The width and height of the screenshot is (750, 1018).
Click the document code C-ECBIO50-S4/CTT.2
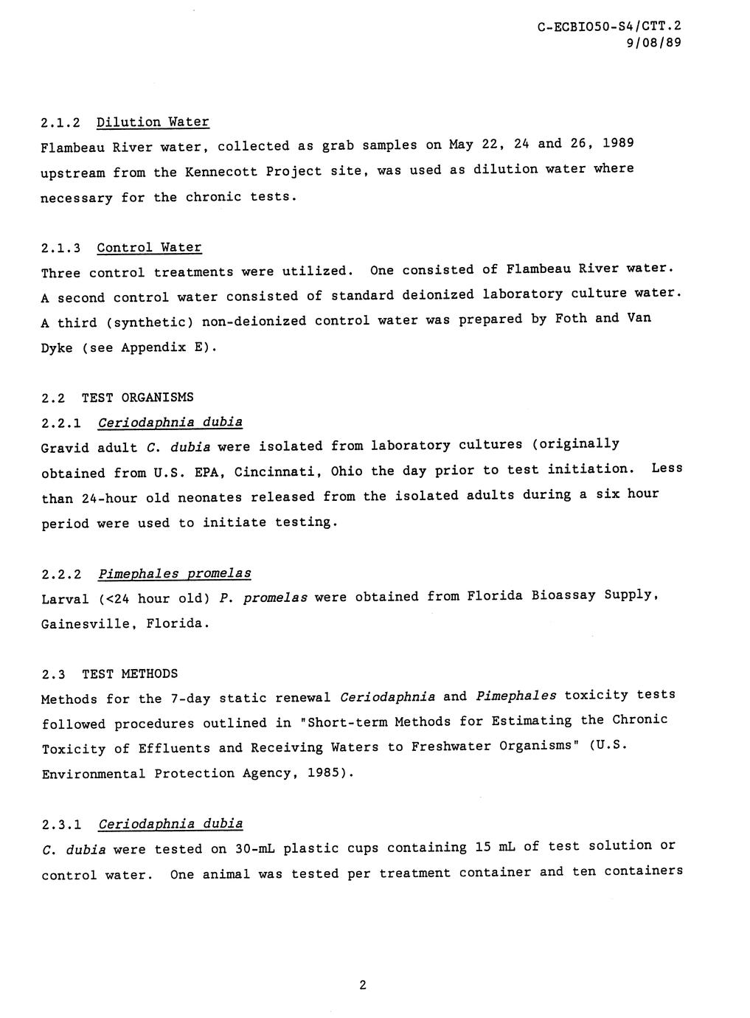[609, 27]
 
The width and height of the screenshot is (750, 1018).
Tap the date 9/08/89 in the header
[653, 43]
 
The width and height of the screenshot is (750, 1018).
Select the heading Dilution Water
[153, 122]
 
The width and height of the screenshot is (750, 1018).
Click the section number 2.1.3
[61, 248]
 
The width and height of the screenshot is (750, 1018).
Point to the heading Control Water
[149, 248]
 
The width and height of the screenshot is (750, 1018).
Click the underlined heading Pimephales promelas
[174, 574]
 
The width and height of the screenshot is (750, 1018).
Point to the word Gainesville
[86, 624]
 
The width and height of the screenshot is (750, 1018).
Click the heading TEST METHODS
[130, 674]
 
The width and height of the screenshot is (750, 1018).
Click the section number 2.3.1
[61, 824]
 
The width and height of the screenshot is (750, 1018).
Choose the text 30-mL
[254, 849]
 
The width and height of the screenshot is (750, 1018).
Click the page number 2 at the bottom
[362, 986]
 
